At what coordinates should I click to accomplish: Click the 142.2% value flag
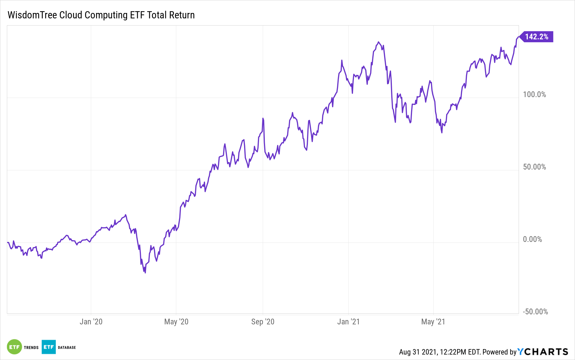pyautogui.click(x=536, y=37)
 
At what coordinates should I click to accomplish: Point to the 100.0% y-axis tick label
pyautogui.click(x=534, y=95)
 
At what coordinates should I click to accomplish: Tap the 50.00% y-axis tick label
pyautogui.click(x=534, y=167)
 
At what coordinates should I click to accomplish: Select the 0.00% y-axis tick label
pyautogui.click(x=532, y=239)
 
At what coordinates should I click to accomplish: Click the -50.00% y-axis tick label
pyautogui.click(x=535, y=312)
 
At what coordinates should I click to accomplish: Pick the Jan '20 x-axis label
pyautogui.click(x=91, y=322)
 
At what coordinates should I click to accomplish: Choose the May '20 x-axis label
pyautogui.click(x=176, y=322)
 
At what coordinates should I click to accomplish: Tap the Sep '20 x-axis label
pyautogui.click(x=262, y=322)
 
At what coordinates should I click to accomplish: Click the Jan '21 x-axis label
pyautogui.click(x=348, y=322)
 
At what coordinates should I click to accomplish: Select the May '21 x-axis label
pyautogui.click(x=433, y=322)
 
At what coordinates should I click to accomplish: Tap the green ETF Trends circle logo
pyautogui.click(x=14, y=347)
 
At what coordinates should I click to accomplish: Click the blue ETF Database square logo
pyautogui.click(x=49, y=347)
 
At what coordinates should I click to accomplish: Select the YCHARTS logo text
pyautogui.click(x=543, y=352)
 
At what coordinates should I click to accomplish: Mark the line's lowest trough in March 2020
pyautogui.click(x=145, y=272)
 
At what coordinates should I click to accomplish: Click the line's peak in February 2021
pyautogui.click(x=379, y=42)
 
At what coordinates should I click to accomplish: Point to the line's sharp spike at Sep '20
pyautogui.click(x=263, y=118)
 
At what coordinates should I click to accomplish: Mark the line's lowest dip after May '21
pyautogui.click(x=442, y=132)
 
